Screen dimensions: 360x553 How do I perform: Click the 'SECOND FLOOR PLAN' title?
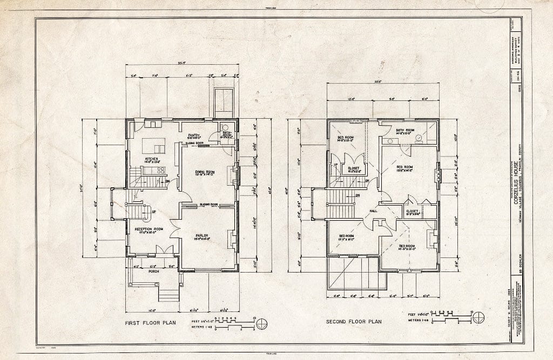click(x=354, y=322)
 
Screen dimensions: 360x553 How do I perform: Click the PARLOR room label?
click(x=203, y=235)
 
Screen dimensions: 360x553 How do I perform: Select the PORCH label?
click(x=154, y=271)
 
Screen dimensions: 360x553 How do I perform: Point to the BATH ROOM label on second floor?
click(x=405, y=130)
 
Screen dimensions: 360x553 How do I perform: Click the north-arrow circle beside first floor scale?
click(x=262, y=324)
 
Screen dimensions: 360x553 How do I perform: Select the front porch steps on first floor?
click(x=168, y=294)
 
